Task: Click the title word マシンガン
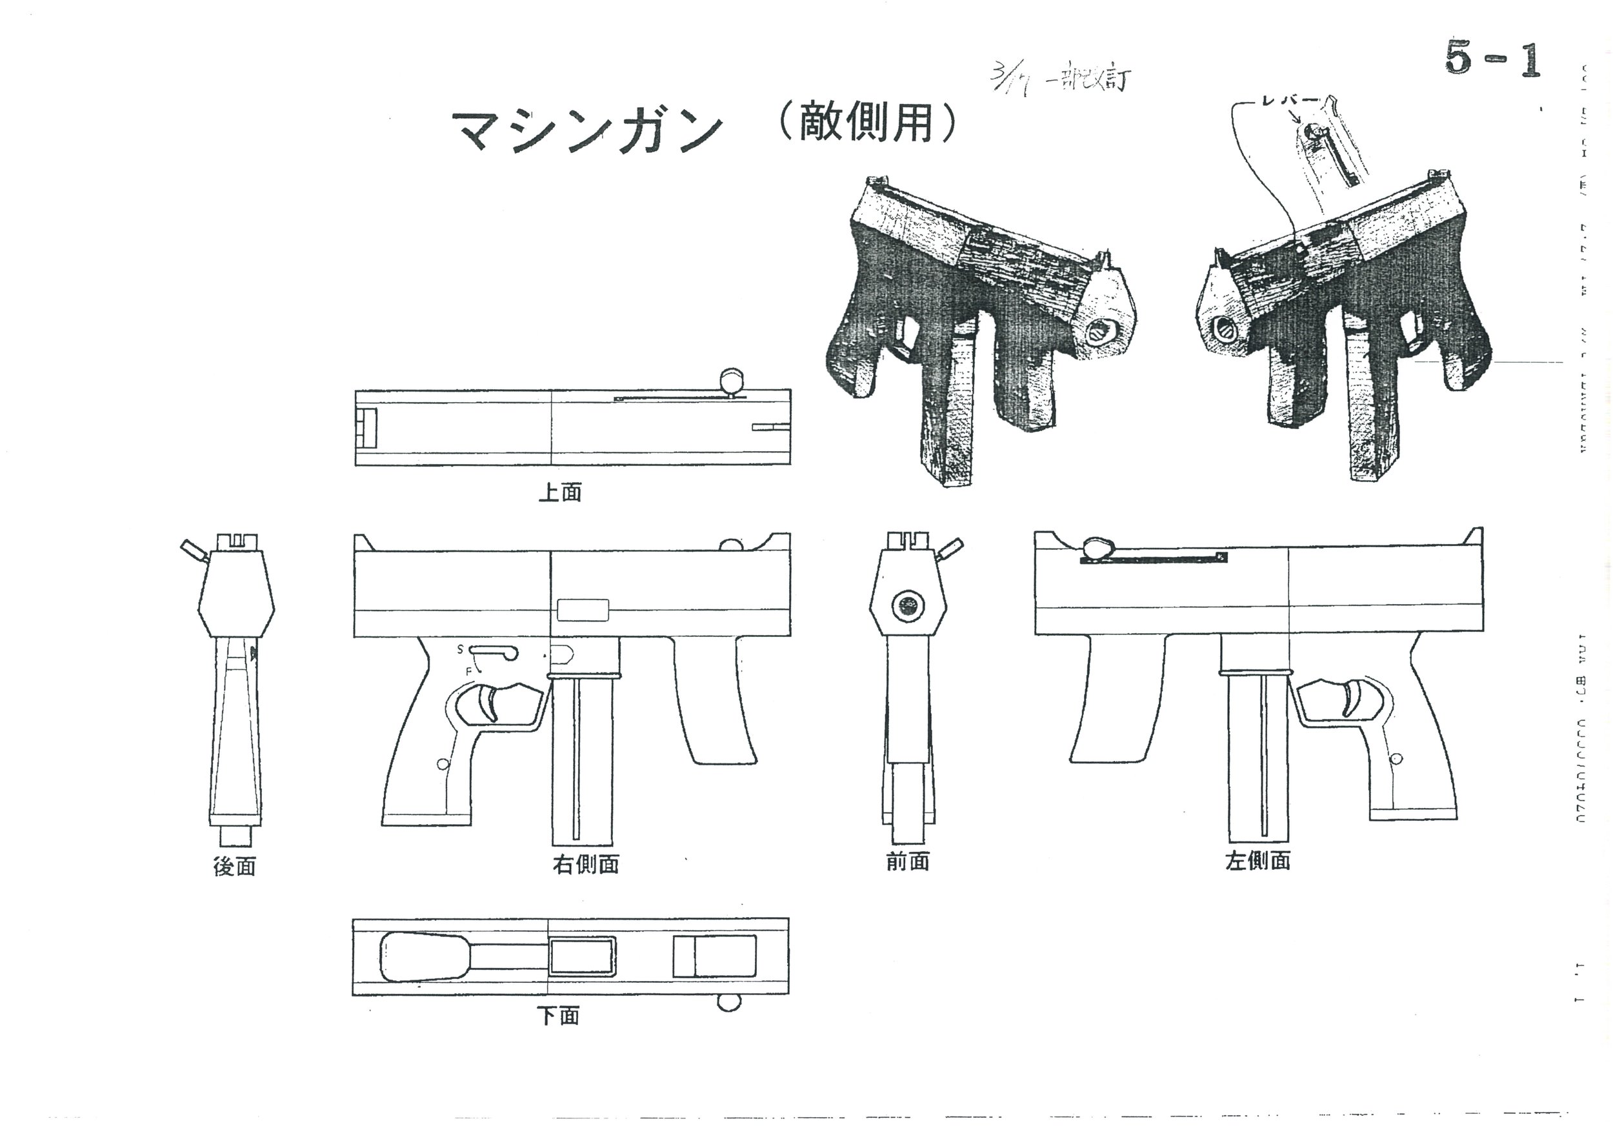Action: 586,132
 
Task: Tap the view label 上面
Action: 560,492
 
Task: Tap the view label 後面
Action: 234,866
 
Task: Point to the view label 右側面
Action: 585,864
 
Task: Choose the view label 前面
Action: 908,862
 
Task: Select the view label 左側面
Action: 1257,861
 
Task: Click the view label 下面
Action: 559,1016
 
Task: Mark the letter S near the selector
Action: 461,649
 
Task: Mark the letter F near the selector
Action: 468,672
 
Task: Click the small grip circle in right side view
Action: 442,763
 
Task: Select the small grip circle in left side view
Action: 1397,758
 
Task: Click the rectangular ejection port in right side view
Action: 583,610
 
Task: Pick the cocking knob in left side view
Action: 1097,548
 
